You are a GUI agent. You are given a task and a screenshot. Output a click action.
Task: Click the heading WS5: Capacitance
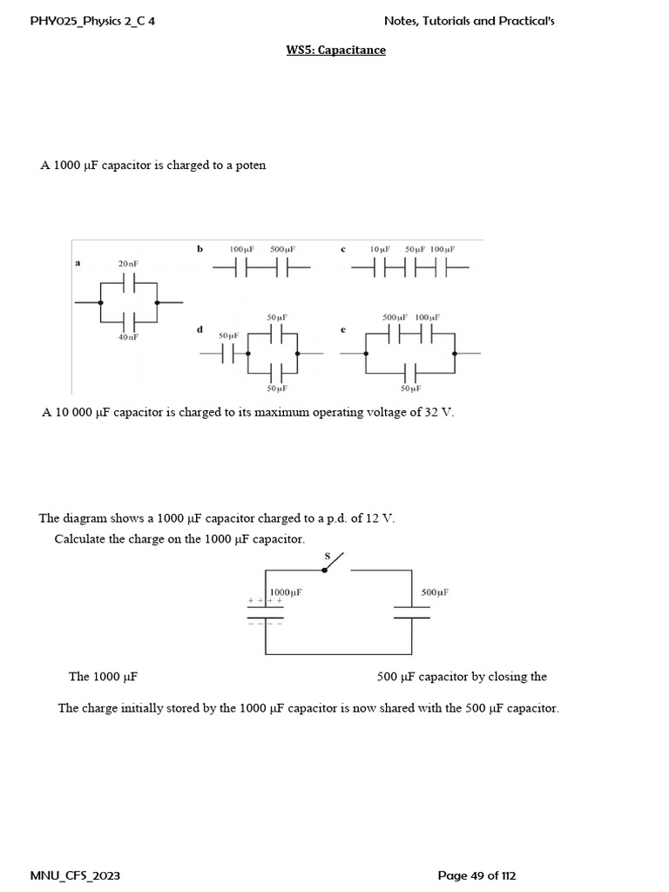coord(335,50)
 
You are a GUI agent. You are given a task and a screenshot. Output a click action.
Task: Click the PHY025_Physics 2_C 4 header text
coord(98,20)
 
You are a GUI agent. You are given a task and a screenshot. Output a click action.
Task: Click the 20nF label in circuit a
coord(128,263)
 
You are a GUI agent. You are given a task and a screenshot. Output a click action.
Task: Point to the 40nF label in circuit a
coord(128,337)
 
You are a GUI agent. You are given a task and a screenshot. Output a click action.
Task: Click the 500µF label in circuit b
coord(283,249)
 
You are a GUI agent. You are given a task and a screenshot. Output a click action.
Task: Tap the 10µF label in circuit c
coord(380,249)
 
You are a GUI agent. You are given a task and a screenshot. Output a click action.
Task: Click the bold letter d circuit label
coord(199,329)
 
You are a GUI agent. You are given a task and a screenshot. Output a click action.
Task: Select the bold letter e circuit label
coord(343,329)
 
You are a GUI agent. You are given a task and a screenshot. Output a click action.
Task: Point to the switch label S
coord(328,555)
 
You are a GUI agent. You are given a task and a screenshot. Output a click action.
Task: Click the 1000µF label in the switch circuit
coord(286,592)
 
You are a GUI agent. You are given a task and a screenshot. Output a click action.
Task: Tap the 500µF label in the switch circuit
coord(435,592)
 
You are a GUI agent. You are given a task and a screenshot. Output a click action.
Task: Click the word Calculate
coord(80,539)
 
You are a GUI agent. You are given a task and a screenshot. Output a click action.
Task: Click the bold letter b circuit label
coord(199,249)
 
